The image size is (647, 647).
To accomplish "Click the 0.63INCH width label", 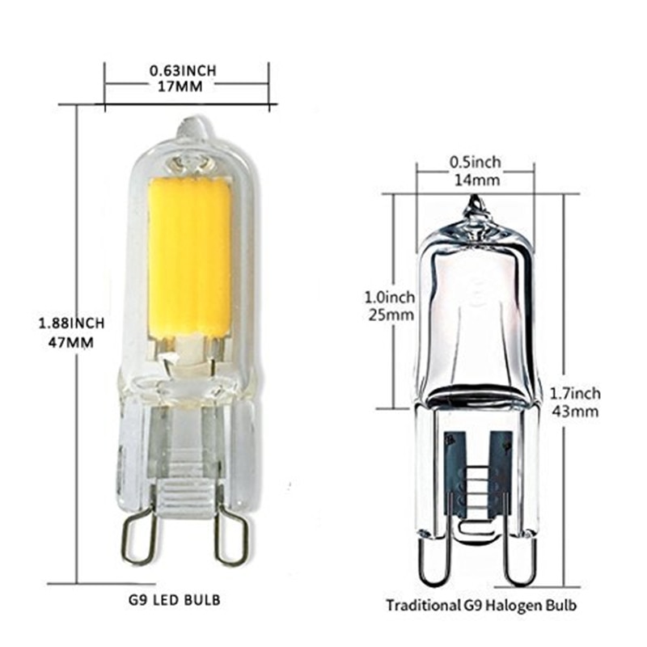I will click(x=186, y=70).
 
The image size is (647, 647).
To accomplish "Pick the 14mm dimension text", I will click(x=475, y=179).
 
